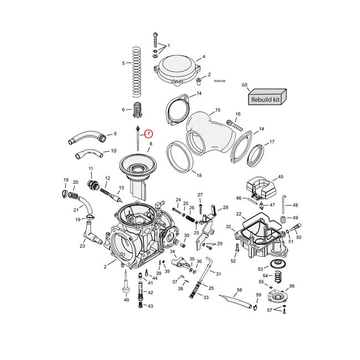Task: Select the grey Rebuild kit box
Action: click(266, 99)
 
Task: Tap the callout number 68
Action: click(244, 85)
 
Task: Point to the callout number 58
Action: click(240, 289)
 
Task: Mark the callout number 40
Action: click(126, 300)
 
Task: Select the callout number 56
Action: click(292, 286)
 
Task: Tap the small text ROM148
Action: click(220, 81)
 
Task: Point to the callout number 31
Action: click(218, 274)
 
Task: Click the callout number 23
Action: click(82, 246)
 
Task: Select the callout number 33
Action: click(206, 298)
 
